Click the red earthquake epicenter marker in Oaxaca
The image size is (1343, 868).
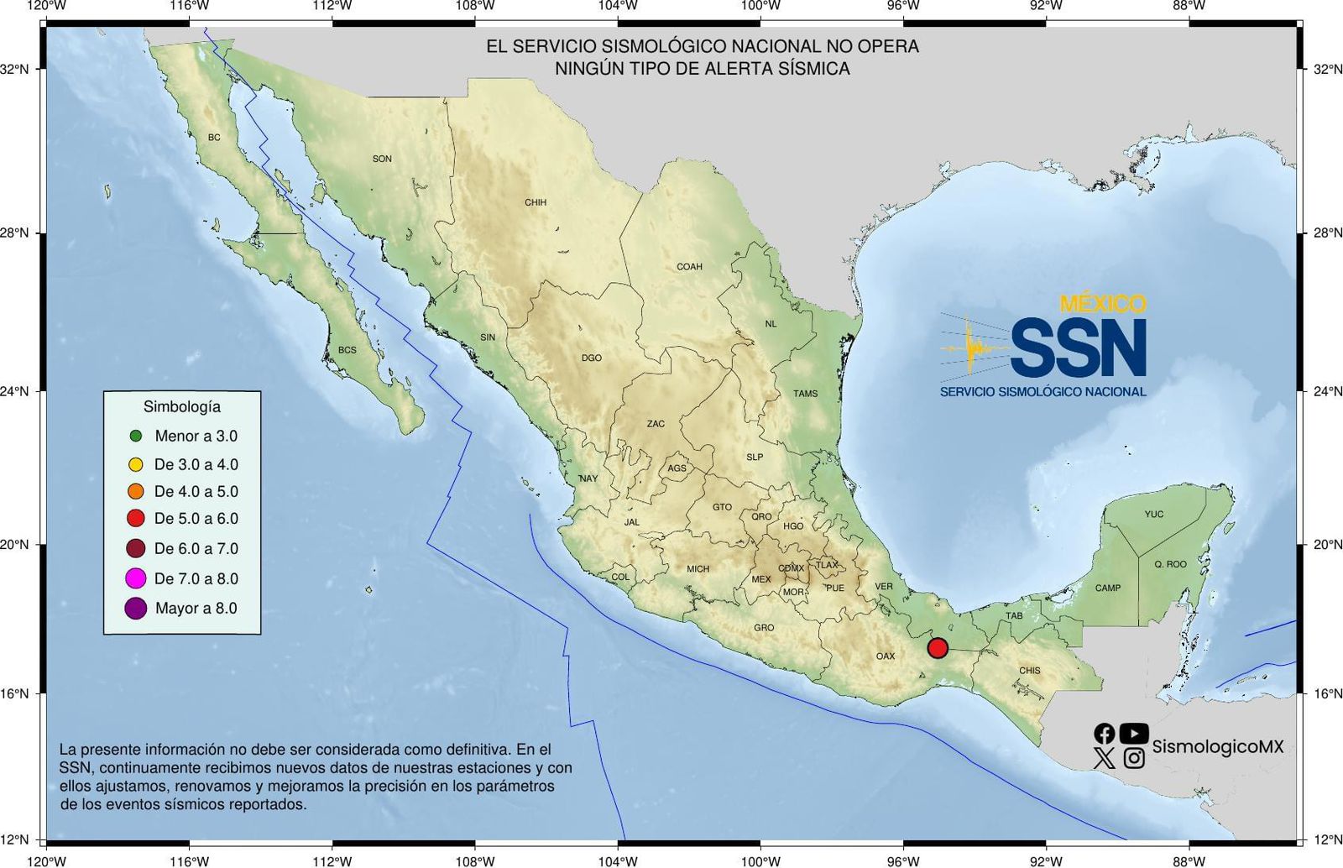click(x=938, y=648)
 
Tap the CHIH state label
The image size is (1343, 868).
click(x=536, y=202)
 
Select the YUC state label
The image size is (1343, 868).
click(x=1154, y=514)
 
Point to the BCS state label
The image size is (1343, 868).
click(x=347, y=350)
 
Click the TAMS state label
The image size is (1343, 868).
click(x=805, y=393)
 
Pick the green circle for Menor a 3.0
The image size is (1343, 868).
click(x=136, y=436)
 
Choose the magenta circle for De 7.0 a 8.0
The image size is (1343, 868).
click(x=135, y=578)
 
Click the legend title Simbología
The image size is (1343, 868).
click(x=182, y=407)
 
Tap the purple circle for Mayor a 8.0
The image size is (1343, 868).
click(x=135, y=609)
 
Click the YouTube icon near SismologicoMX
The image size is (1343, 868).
click(x=1133, y=734)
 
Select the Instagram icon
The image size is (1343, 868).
click(x=1134, y=759)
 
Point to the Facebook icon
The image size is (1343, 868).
click(x=1105, y=734)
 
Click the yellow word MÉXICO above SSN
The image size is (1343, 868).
click(x=1103, y=303)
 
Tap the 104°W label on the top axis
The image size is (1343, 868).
click(x=618, y=6)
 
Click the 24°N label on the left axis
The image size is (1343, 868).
click(x=14, y=391)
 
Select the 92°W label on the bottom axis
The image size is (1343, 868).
click(x=1046, y=860)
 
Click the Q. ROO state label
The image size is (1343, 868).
click(x=1170, y=564)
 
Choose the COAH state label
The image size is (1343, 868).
click(x=689, y=267)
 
